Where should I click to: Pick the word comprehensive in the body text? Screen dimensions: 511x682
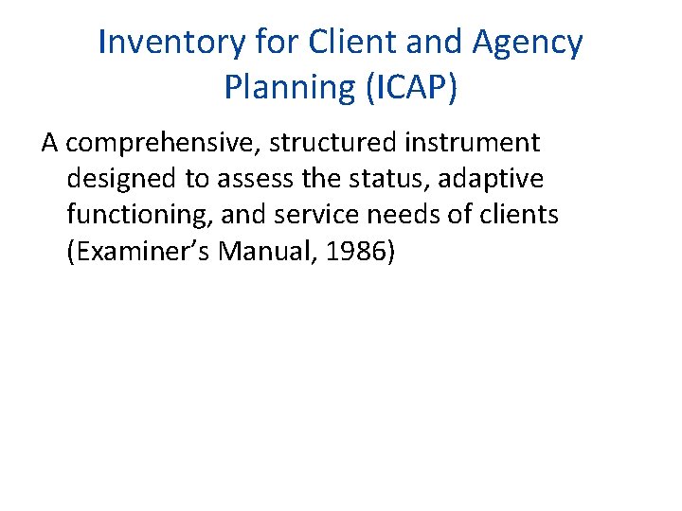[169, 144]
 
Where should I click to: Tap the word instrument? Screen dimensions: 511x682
[473, 144]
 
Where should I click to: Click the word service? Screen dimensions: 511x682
[314, 216]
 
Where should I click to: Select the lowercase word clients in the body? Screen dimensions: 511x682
[518, 216]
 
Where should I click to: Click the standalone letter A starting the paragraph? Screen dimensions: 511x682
[50, 144]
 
